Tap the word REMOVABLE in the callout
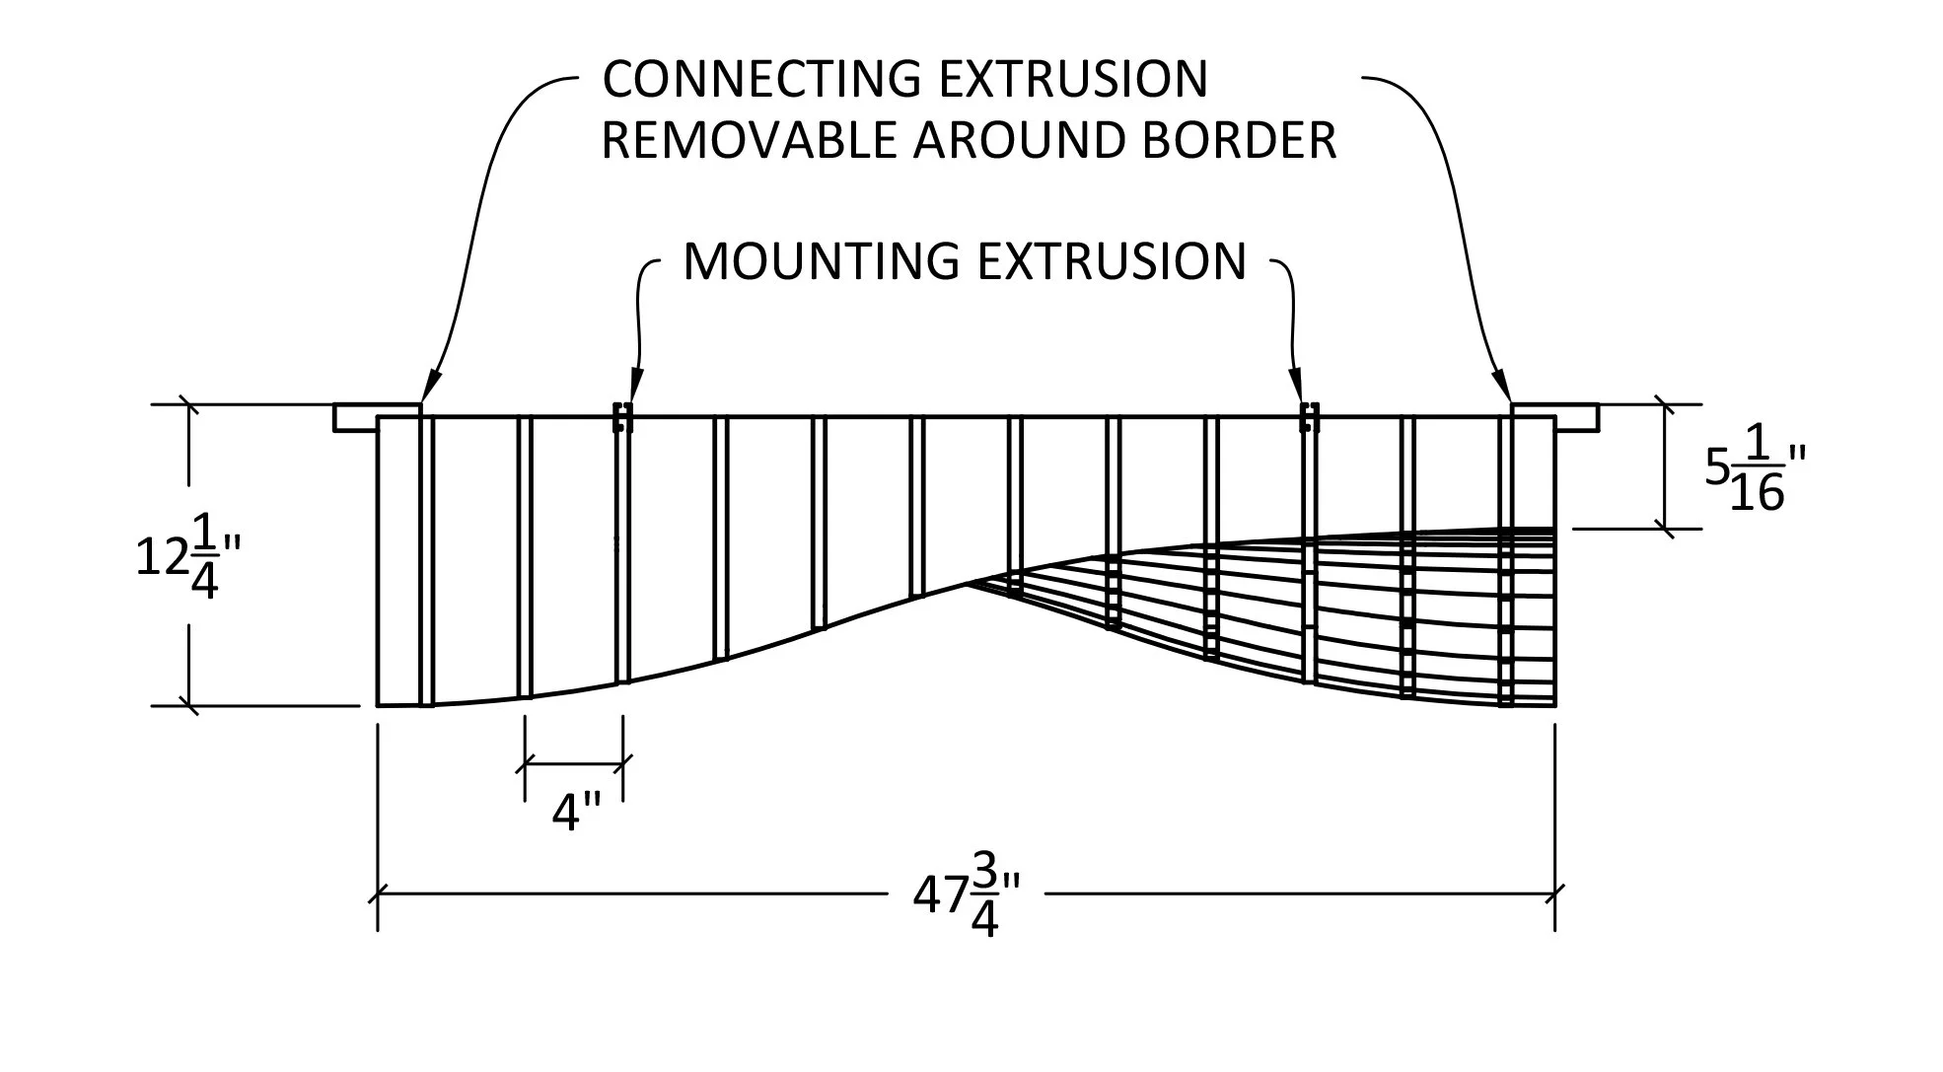[749, 141]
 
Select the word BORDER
[1239, 141]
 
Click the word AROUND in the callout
[1020, 141]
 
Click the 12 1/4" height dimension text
[187, 558]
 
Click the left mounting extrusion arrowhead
[636, 386]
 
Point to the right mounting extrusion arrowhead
[1296, 386]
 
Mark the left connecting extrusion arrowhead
[430, 386]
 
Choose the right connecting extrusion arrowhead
[1501, 386]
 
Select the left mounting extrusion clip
[622, 417]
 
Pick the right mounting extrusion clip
[1309, 417]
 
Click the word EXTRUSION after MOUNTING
[1112, 261]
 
